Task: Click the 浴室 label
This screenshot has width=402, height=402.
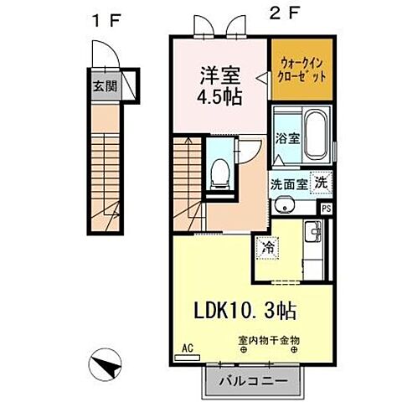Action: pyautogui.click(x=288, y=140)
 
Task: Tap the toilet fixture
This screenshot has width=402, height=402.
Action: pyautogui.click(x=220, y=173)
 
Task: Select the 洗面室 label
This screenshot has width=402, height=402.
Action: pyautogui.click(x=288, y=182)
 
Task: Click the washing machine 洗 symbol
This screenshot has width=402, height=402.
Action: pyautogui.click(x=321, y=182)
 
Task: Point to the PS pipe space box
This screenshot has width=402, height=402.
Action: pyautogui.click(x=326, y=208)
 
